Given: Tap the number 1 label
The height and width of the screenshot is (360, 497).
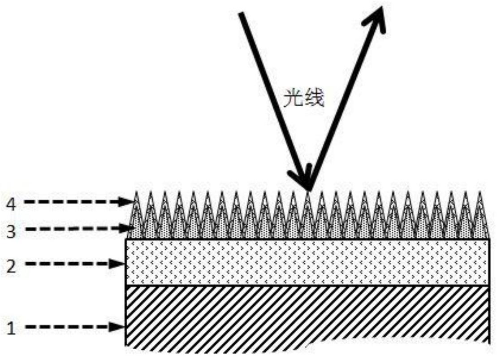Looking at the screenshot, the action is click(12, 329).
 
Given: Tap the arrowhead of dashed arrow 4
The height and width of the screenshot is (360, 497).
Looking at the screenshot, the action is click(128, 203).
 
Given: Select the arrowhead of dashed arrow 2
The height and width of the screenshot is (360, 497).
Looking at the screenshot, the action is click(118, 264).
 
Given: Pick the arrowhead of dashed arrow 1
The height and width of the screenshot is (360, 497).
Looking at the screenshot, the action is click(118, 327).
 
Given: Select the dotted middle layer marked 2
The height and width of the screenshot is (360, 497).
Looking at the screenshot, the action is click(307, 262).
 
